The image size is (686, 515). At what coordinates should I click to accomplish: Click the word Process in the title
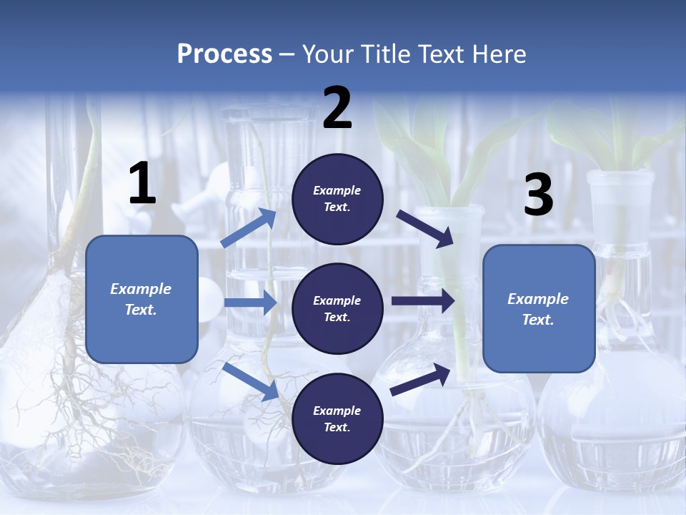pyautogui.click(x=224, y=54)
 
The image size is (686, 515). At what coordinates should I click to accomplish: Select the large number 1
pyautogui.click(x=142, y=184)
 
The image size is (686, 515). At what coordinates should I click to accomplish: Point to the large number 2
pyautogui.click(x=337, y=108)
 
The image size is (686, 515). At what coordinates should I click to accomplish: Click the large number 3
pyautogui.click(x=538, y=195)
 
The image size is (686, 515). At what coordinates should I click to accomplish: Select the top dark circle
pyautogui.click(x=337, y=199)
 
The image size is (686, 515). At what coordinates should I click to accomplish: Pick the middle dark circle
pyautogui.click(x=337, y=309)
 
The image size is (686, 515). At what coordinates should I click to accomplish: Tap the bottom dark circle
pyautogui.click(x=337, y=419)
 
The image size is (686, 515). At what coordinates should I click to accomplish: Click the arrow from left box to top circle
pyautogui.click(x=249, y=228)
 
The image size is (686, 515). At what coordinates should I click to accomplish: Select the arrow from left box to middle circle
pyautogui.click(x=249, y=303)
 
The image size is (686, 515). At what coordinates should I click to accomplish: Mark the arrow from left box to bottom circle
pyautogui.click(x=250, y=381)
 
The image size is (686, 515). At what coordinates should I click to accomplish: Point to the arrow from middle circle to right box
pyautogui.click(x=422, y=301)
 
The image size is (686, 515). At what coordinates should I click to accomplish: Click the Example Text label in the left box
pyautogui.click(x=141, y=299)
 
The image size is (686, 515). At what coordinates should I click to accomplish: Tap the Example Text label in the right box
pyautogui.click(x=539, y=309)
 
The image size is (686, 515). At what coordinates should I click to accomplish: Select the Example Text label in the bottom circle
pyautogui.click(x=337, y=419)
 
